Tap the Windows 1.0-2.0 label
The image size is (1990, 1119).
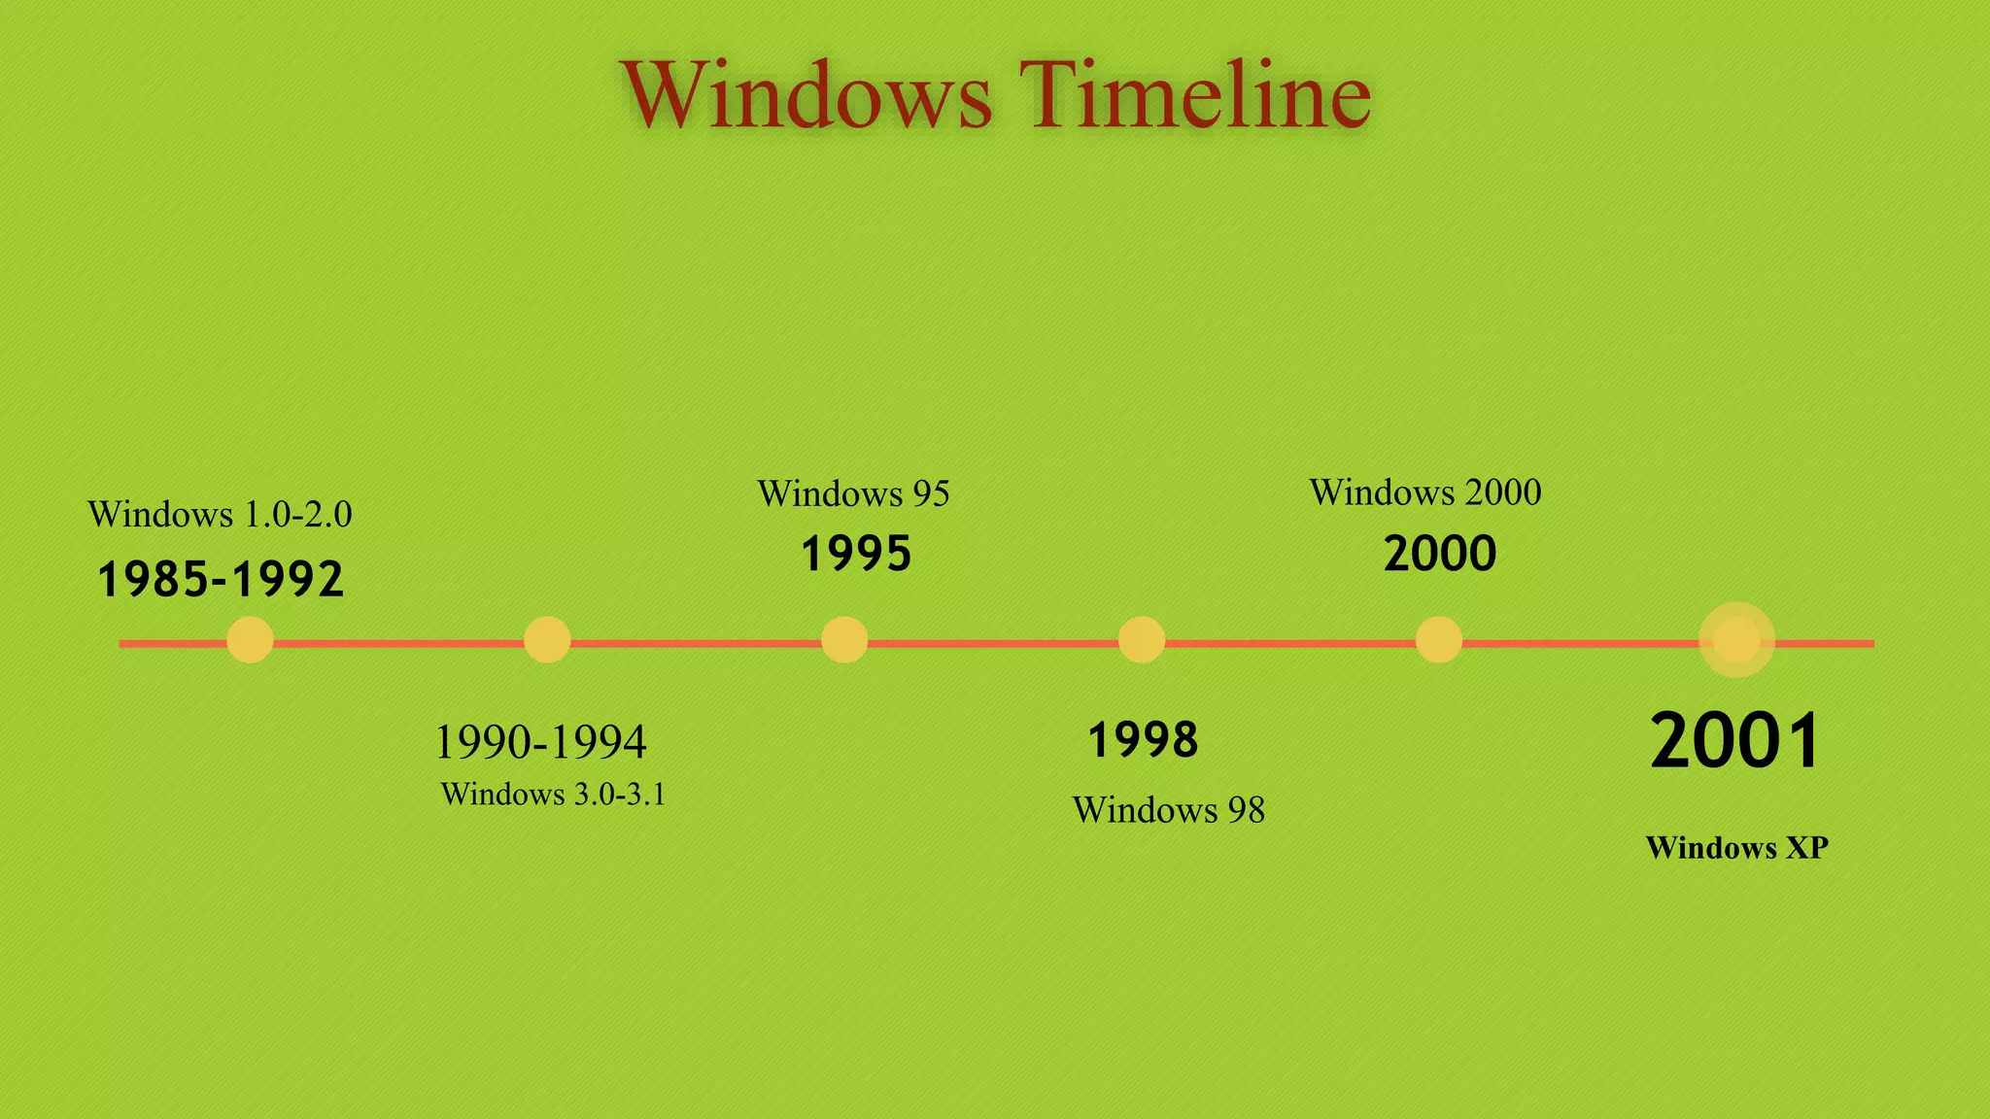pos(220,514)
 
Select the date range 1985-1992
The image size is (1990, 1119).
pos(221,580)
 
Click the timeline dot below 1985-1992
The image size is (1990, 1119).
pos(250,640)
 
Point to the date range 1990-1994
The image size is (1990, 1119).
pos(540,742)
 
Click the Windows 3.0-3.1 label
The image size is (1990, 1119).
pos(553,795)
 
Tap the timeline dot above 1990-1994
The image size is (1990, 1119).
pos(547,640)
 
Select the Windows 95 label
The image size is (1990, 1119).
pos(853,493)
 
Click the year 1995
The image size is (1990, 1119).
pos(856,555)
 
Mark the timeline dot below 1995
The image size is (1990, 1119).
pos(844,640)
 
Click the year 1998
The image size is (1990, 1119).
pos(1143,740)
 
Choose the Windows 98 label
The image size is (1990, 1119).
pos(1168,810)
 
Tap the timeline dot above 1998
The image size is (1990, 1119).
pos(1142,640)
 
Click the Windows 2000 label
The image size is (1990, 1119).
pos(1424,492)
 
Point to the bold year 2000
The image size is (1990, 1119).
pos(1439,555)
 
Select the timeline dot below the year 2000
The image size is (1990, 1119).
pos(1439,640)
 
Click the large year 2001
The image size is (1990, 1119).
pos(1735,741)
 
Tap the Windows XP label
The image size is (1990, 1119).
pos(1736,848)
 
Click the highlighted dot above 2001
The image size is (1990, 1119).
pos(1736,640)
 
